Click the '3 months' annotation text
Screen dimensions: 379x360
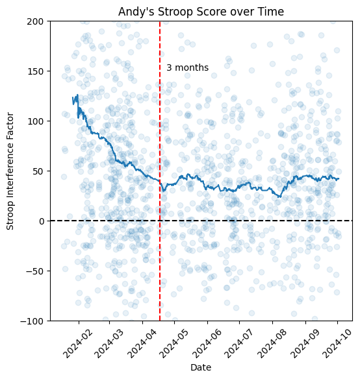tap(187, 67)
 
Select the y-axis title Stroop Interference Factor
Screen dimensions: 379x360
tap(10, 171)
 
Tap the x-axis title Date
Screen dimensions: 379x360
tap(200, 367)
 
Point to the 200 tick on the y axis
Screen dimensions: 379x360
tap(35, 21)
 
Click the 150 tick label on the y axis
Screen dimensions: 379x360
tap(35, 71)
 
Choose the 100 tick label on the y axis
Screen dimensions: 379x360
tap(35, 121)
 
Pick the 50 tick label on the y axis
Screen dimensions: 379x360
tap(38, 171)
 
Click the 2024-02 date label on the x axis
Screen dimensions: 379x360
tap(77, 341)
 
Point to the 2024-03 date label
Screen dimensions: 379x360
tap(107, 341)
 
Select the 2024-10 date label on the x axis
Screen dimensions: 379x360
tap(335, 341)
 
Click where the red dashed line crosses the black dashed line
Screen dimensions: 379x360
tap(160, 221)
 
